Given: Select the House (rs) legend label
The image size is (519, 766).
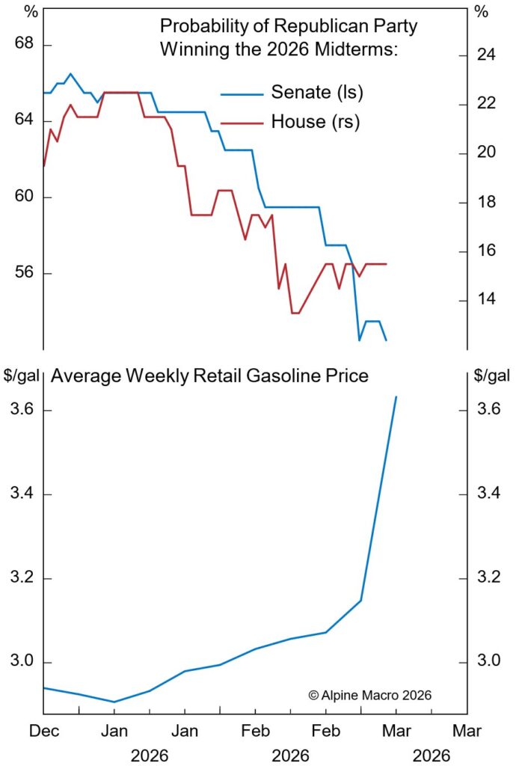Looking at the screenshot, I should (315, 122).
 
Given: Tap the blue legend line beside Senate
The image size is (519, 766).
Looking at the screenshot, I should (242, 94).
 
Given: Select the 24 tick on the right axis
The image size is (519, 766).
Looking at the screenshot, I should (487, 55).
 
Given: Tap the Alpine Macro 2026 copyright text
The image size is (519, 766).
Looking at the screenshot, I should (369, 695).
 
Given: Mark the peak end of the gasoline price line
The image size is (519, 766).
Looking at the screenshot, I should (396, 396).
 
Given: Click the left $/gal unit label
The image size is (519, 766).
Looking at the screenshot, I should (22, 375).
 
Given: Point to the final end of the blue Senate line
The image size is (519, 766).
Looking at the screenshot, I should (387, 340).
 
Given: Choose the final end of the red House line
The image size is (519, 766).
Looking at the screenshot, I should (386, 264).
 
